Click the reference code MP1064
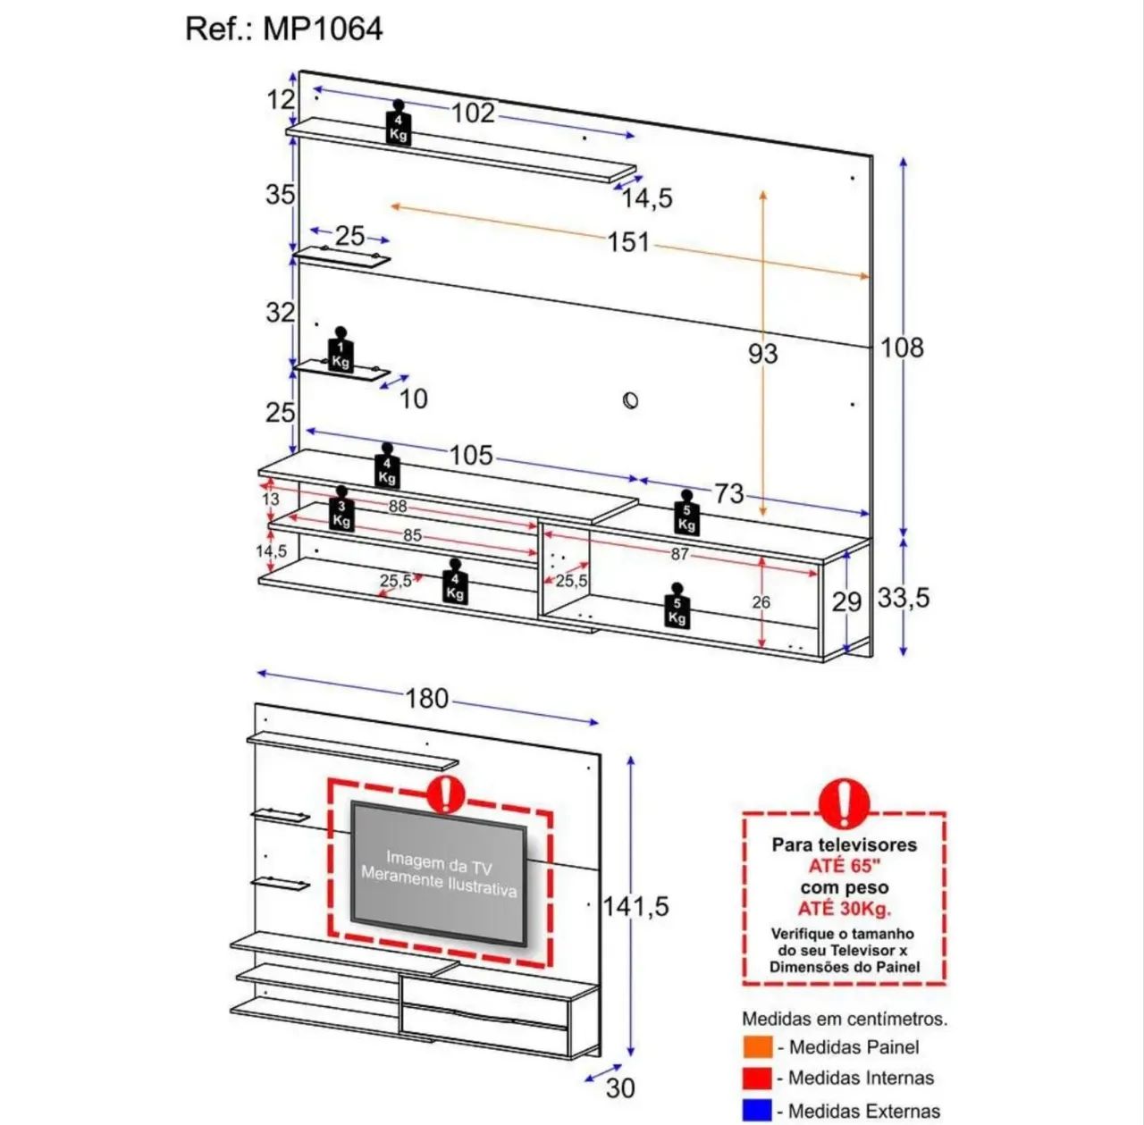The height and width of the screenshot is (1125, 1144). pyautogui.click(x=323, y=29)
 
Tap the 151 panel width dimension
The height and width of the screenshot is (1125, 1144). pyautogui.click(x=628, y=242)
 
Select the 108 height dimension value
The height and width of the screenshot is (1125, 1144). pyautogui.click(x=901, y=348)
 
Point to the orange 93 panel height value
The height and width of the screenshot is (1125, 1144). pyautogui.click(x=763, y=354)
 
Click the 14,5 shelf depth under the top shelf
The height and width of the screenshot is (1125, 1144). pyautogui.click(x=647, y=198)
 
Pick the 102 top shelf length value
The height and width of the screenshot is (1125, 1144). pyautogui.click(x=473, y=113)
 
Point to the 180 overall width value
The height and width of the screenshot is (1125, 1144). pyautogui.click(x=426, y=699)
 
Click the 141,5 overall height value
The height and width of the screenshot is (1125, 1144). pyautogui.click(x=635, y=907)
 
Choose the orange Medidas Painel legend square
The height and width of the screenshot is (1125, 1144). pyautogui.click(x=758, y=1046)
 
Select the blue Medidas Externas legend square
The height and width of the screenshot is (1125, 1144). pyautogui.click(x=758, y=1110)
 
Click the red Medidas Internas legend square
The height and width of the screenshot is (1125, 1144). pyautogui.click(x=758, y=1079)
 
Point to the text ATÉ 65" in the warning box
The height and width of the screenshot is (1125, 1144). pyautogui.click(x=844, y=866)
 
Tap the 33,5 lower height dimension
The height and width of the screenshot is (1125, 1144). pyautogui.click(x=904, y=598)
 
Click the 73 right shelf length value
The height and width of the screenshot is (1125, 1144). pyautogui.click(x=728, y=493)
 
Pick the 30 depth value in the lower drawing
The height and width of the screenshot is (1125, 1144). pyautogui.click(x=620, y=1088)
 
